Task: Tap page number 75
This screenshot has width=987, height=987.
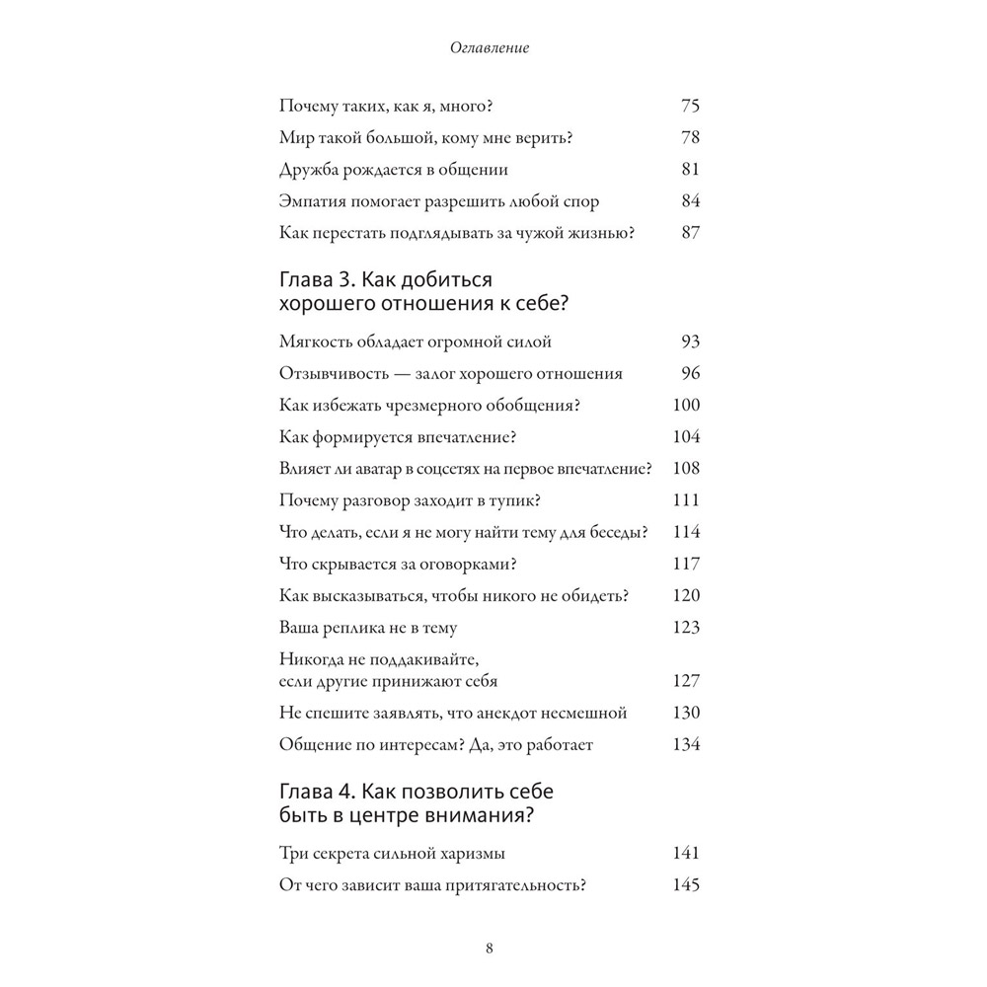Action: [x=690, y=107]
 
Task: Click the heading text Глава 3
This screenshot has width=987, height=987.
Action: [x=315, y=282]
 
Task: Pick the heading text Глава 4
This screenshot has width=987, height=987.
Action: [x=315, y=793]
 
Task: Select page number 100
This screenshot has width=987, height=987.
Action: [x=685, y=405]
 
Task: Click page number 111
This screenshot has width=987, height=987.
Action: [x=685, y=499]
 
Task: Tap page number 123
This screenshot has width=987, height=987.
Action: [x=685, y=627]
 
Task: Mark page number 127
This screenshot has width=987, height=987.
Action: [x=685, y=681]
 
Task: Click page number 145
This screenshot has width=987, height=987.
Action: [x=685, y=885]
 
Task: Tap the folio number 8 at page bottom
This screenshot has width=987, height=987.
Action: [x=491, y=949]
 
